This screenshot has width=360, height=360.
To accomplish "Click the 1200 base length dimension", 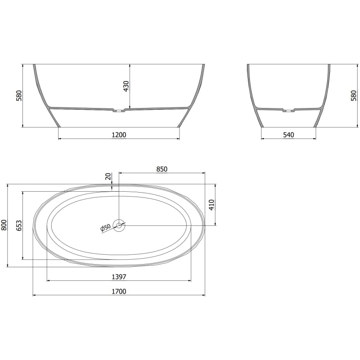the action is tap(119, 135).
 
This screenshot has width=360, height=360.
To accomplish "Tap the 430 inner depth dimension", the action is tap(126, 86).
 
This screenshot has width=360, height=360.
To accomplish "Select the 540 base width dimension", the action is tap(288, 135).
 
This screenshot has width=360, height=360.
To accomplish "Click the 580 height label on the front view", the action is tap(18, 95).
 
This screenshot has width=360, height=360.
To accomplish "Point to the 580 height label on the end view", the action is tap(354, 95).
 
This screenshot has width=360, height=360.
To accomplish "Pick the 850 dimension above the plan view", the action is tap(162, 169).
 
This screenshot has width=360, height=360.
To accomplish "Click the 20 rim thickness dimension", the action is tap(108, 176).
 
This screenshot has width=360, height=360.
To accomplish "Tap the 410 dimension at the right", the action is tap(211, 205).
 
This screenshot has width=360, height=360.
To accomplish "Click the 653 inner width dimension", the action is tap(19, 225).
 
